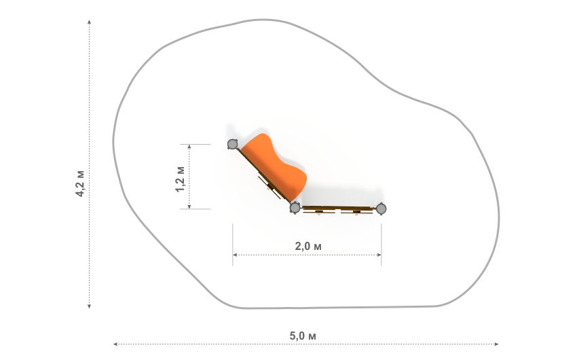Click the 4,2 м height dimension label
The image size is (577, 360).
pyautogui.click(x=80, y=183)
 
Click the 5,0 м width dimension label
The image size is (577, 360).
pyautogui.click(x=303, y=336)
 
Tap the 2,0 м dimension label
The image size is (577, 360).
pyautogui.click(x=308, y=246)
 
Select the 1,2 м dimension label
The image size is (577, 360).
pyautogui.click(x=180, y=179)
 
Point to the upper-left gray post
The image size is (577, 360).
pyautogui.click(x=232, y=144)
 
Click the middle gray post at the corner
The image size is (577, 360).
pyautogui.click(x=295, y=208)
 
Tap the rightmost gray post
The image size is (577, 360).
pyautogui.click(x=381, y=209)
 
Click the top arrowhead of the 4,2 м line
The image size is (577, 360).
pyautogui.click(x=89, y=22)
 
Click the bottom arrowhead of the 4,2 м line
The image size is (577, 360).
pyautogui.click(x=89, y=306)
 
